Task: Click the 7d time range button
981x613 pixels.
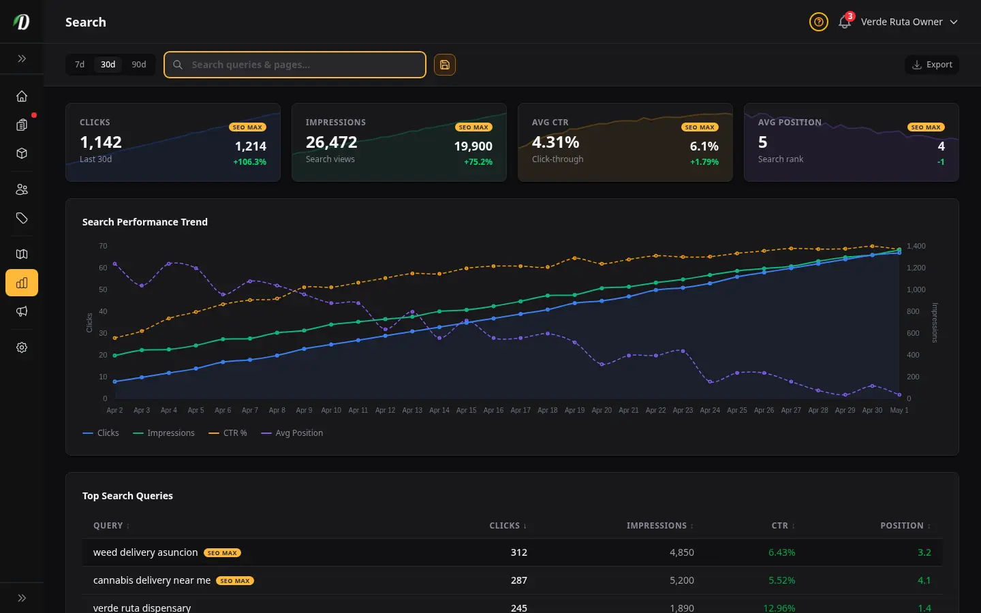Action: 79,65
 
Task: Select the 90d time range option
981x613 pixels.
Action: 139,65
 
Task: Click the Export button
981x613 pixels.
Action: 932,65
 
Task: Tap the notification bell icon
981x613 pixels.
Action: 844,22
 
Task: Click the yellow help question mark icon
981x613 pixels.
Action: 819,22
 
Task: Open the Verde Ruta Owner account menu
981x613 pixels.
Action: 909,22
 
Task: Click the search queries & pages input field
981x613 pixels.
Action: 295,65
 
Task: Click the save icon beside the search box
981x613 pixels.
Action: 444,65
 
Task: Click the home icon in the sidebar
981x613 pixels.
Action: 22,96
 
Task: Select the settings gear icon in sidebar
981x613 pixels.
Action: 22,347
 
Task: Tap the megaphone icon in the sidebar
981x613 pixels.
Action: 22,311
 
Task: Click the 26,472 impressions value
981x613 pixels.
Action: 332,142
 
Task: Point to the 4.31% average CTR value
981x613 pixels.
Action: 555,142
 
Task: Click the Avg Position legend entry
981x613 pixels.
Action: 292,433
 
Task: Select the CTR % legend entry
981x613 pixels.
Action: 228,433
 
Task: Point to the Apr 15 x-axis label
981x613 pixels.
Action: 466,410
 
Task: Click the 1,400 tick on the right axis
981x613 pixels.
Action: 916,246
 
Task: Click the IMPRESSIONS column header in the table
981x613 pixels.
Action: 657,525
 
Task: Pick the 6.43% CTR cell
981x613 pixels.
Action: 782,552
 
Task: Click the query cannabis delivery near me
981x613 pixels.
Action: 151,580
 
